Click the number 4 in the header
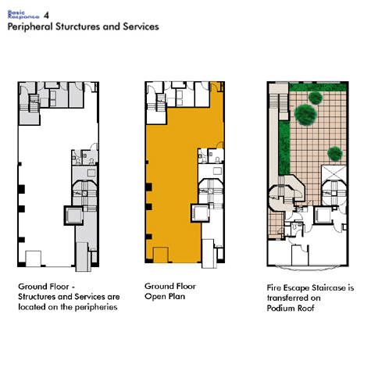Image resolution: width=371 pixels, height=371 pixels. click(46, 16)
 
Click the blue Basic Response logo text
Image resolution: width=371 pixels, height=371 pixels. click(23, 15)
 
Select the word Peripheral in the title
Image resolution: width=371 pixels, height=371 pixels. click(30, 27)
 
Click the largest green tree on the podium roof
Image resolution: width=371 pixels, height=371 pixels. click(305, 115)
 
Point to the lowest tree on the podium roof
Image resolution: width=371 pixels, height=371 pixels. click(335, 154)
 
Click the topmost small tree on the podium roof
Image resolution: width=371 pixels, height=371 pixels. click(316, 98)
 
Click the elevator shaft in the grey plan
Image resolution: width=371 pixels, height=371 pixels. click(74, 216)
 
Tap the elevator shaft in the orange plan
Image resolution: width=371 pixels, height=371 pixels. click(200, 213)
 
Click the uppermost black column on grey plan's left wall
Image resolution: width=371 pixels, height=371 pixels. click(20, 164)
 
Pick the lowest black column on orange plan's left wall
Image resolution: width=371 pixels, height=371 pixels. click(148, 237)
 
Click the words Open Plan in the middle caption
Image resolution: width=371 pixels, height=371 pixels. click(165, 297)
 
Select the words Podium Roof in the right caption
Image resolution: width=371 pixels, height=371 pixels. click(291, 309)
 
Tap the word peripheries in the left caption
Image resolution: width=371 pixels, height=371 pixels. click(96, 307)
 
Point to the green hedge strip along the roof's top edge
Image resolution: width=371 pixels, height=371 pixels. click(318, 87)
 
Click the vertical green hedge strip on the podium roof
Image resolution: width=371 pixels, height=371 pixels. click(284, 148)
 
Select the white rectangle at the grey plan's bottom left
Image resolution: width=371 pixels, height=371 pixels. click(34, 259)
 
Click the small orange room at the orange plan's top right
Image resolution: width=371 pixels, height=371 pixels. click(216, 87)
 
